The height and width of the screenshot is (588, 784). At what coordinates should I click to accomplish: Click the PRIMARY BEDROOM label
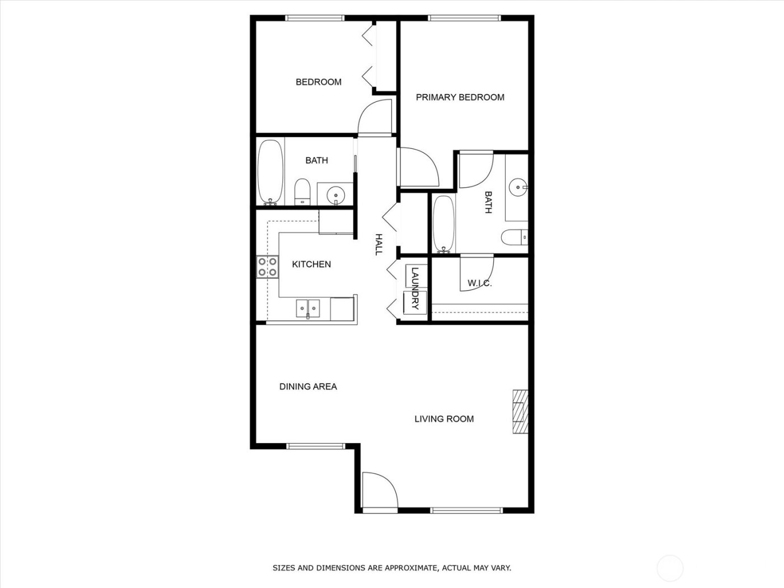460,97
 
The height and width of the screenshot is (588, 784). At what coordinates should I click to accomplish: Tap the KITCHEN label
311,264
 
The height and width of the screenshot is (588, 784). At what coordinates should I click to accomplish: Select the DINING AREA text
308,386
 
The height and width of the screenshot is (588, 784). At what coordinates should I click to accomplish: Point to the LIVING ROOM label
444,419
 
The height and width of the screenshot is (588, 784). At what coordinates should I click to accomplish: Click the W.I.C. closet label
479,283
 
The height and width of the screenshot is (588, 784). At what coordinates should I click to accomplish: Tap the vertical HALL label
379,245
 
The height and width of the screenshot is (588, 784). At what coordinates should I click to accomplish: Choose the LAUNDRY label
415,288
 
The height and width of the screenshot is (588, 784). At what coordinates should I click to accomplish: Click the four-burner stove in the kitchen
268,267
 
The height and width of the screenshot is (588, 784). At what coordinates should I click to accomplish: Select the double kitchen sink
308,308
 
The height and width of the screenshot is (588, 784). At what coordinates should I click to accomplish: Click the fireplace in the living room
520,412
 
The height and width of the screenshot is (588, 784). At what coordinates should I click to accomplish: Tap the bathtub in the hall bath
270,172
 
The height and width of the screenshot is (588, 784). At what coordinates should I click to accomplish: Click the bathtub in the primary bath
443,223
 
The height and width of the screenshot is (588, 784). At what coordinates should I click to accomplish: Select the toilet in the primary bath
514,237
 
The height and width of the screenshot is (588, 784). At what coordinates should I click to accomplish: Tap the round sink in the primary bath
517,186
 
